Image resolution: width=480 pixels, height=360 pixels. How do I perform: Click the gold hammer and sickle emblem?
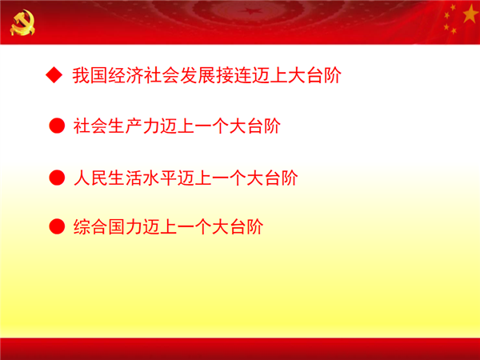22,22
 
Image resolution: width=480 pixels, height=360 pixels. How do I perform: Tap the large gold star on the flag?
470,13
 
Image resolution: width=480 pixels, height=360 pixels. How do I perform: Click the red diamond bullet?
54,75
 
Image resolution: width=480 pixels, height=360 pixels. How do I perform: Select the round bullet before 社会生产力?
57,126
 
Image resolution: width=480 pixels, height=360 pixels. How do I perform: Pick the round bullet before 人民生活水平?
57,178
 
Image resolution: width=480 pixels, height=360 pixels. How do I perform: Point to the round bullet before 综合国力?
57,226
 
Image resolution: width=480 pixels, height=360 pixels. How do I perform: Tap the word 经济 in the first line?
125,75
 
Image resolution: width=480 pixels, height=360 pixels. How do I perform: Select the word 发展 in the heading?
197,75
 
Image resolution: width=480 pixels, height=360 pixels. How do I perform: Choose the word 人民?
90,178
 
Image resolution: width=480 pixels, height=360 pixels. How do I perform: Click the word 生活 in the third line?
126,178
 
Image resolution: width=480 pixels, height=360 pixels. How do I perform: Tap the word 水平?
161,178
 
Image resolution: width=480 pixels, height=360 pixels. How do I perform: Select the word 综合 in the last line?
90,227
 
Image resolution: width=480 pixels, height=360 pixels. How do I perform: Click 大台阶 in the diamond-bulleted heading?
314,75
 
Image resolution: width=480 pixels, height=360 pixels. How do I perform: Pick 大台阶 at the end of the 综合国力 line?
237,227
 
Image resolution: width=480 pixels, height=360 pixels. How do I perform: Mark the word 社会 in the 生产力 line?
90,126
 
